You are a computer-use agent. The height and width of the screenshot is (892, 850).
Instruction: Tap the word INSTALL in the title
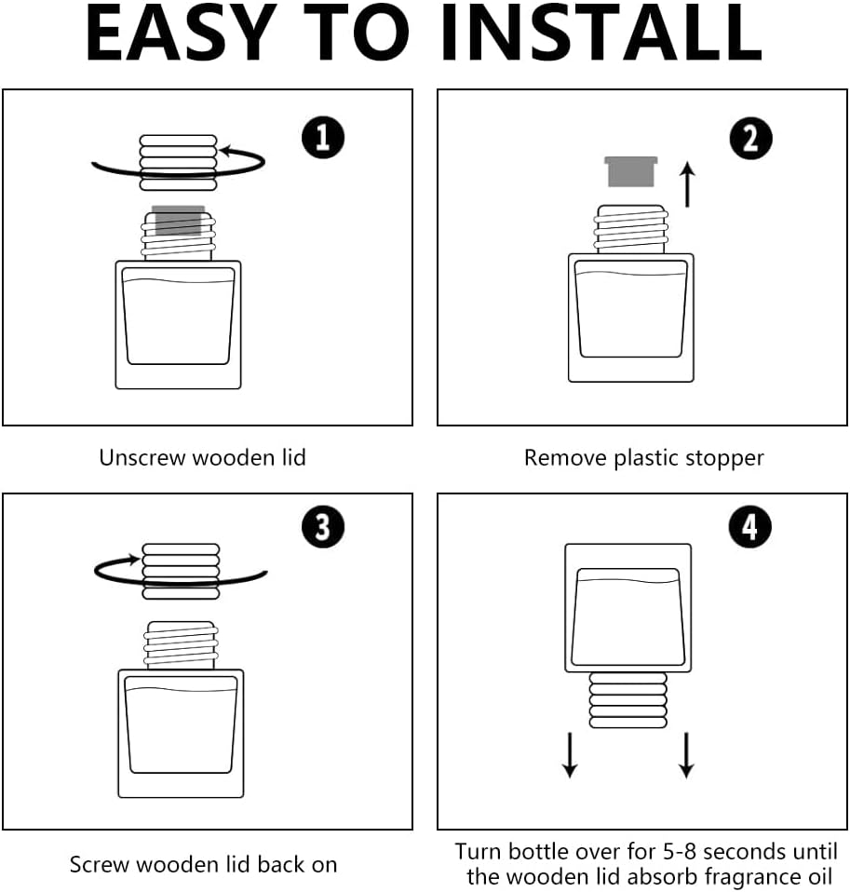pos(601,32)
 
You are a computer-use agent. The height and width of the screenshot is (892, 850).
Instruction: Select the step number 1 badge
pos(322,137)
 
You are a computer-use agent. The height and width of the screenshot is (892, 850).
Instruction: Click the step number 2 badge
pos(750,138)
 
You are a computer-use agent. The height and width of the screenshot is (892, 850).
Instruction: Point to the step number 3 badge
pos(322,527)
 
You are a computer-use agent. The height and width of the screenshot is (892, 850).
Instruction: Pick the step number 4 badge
pos(749,527)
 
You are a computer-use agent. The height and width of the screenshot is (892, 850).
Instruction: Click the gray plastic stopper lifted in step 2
pos(630,171)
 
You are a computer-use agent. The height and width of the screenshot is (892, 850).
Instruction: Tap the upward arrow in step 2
pos(688,184)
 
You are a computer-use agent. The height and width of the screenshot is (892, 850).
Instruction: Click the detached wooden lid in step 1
pos(178,162)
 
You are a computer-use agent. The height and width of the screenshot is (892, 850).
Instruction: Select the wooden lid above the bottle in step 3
pos(181,571)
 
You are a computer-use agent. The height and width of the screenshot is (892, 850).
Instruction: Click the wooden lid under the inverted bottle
pos(627,699)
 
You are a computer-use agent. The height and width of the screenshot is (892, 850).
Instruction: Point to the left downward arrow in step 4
pos(570,755)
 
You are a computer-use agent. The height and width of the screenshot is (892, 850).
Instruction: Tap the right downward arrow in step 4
pos(686,755)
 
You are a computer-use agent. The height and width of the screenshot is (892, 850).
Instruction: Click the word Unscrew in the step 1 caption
pos(142,458)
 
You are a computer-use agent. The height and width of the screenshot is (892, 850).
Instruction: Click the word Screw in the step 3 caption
pos(100,865)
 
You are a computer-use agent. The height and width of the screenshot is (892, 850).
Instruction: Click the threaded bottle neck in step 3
pos(181,645)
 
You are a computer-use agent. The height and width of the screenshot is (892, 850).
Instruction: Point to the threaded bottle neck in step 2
pos(630,229)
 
